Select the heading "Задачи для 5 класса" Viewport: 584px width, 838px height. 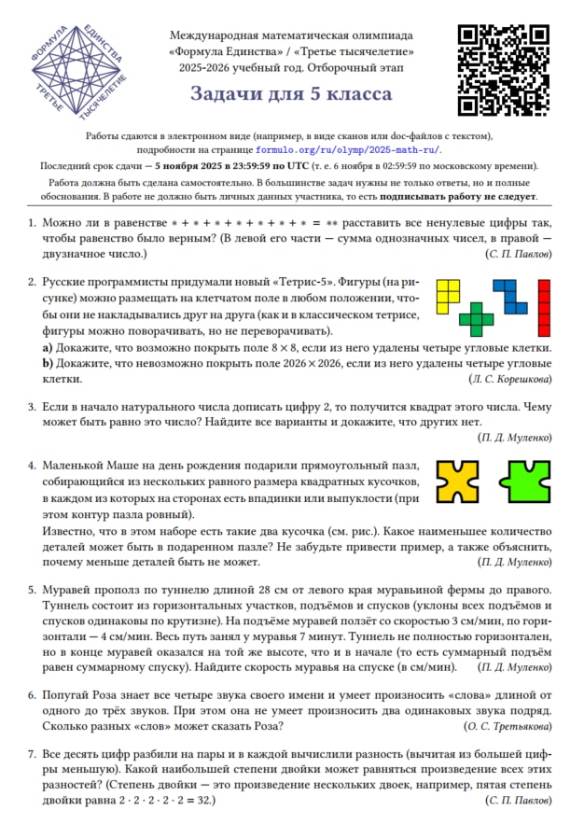(291, 94)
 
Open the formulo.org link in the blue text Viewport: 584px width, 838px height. (348, 149)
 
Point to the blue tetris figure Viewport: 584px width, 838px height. (510, 295)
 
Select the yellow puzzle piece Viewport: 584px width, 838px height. (459, 480)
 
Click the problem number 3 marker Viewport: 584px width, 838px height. (32, 408)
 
